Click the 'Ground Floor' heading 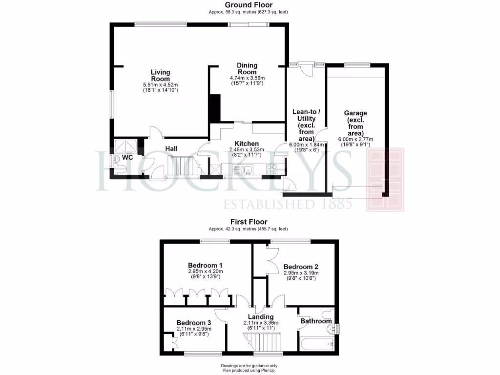coord(249,5)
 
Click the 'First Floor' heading coord(249,222)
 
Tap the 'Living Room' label coord(160,76)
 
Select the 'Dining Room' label coord(247,68)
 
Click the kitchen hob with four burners coord(271,169)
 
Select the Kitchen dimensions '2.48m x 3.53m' coord(247,149)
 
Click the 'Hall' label coord(171,148)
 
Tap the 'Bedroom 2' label coord(301,267)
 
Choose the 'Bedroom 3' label coord(194,323)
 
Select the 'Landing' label coord(260,316)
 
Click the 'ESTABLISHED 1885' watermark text coord(288,203)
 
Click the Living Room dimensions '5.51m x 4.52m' coord(160,84)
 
